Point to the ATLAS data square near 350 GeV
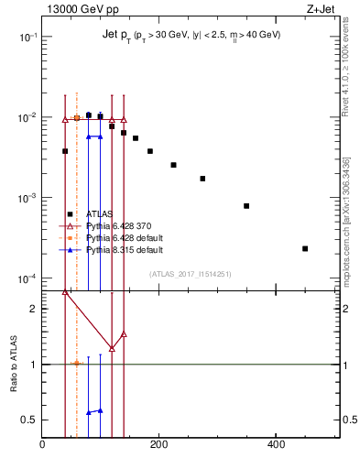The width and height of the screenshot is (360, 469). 246,206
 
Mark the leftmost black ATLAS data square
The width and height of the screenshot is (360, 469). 65,151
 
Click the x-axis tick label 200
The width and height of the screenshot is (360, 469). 158,444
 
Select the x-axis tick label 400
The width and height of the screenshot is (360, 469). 276,444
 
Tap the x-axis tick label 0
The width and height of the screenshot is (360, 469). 42,444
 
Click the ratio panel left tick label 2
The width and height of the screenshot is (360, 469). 33,309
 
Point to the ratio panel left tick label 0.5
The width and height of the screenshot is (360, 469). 29,420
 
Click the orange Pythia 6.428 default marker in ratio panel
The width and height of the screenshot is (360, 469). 77,363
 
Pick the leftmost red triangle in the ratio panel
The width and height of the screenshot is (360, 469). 65,291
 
